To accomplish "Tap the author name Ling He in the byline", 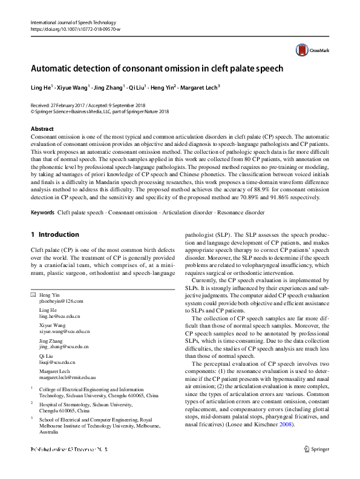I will [x=41, y=87].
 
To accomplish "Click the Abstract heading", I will [x=42, y=129].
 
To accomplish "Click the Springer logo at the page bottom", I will [x=317, y=467].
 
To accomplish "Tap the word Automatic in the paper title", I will [x=57, y=68].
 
